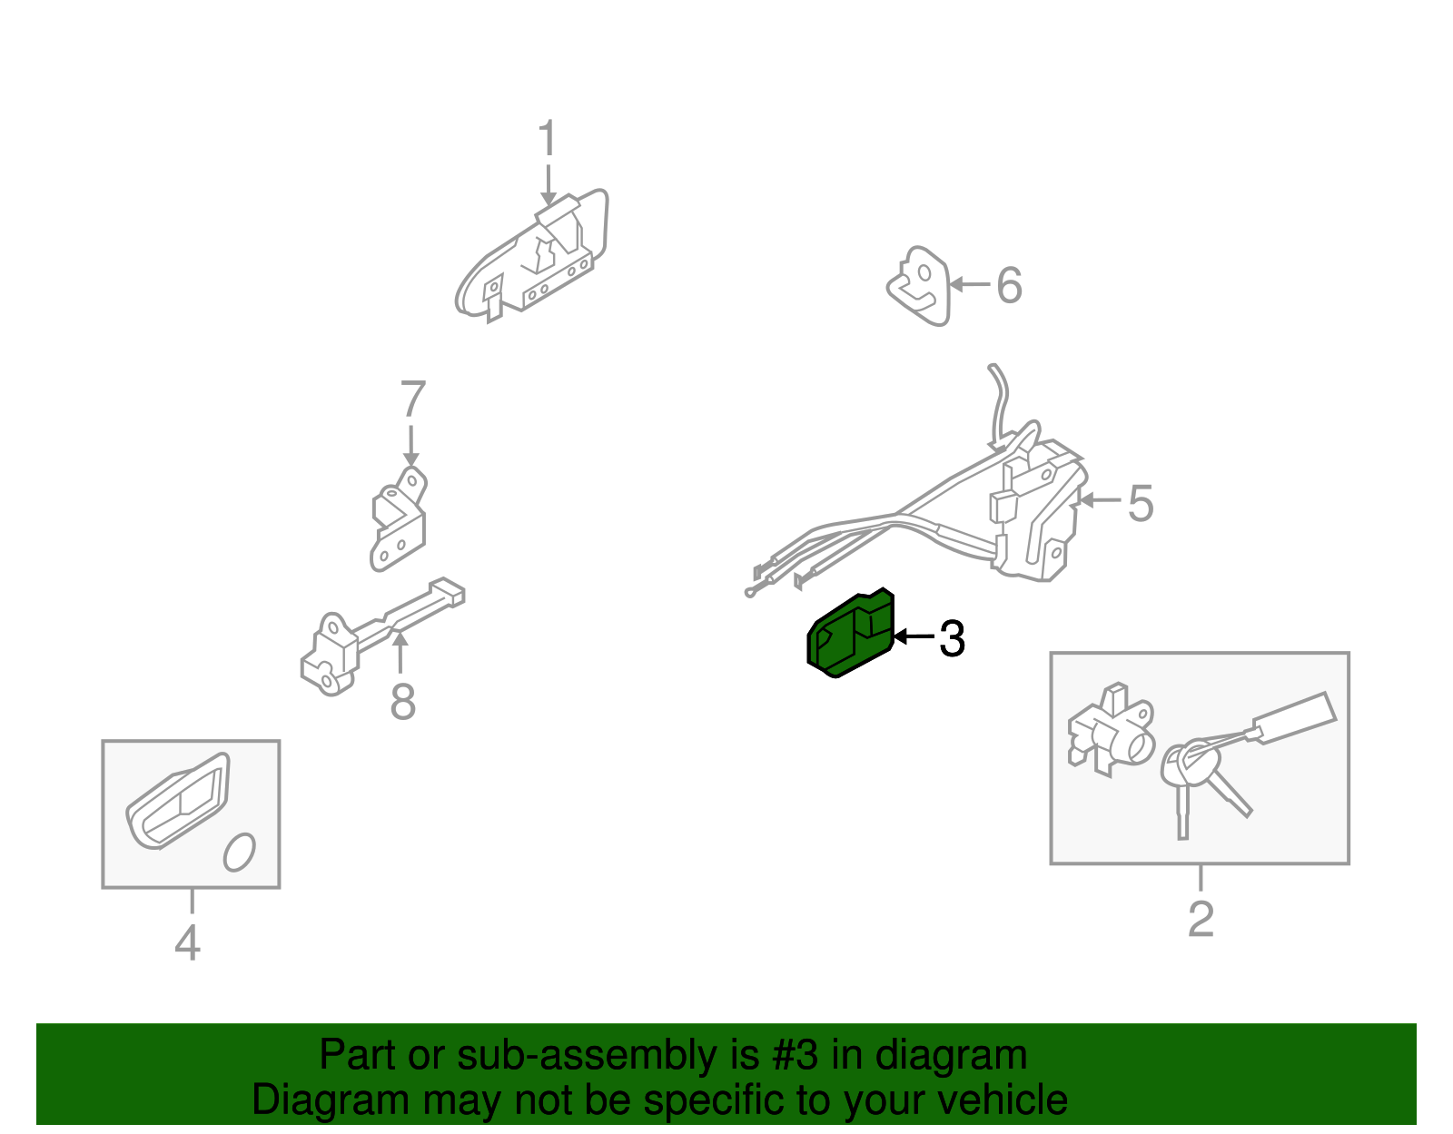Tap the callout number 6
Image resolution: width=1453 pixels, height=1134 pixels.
tap(1009, 285)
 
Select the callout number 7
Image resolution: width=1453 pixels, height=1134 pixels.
tap(412, 399)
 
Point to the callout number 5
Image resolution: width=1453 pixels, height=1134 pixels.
tap(1140, 503)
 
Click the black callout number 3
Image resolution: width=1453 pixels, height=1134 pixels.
tap(951, 638)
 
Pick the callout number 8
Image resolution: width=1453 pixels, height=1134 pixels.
tap(402, 702)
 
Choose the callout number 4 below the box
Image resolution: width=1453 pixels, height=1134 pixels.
tap(187, 942)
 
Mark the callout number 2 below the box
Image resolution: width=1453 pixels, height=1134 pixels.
tap(1201, 919)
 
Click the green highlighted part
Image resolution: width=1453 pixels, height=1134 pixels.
tap(849, 636)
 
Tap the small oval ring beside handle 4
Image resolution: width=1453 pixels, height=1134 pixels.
tap(240, 852)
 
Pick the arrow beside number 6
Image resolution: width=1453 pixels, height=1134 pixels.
tap(969, 285)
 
